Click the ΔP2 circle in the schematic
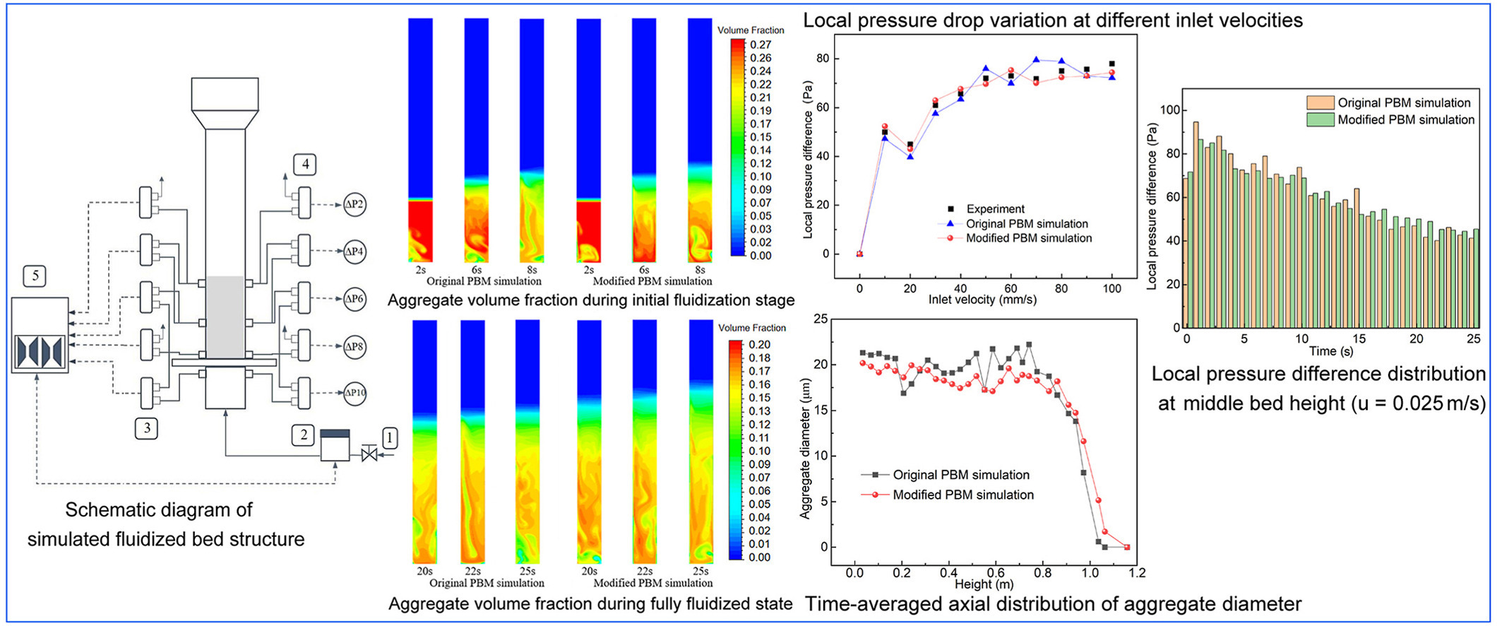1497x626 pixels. pyautogui.click(x=354, y=205)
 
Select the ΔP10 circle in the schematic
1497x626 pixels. pyautogui.click(x=354, y=393)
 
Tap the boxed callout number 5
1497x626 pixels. pyautogui.click(x=35, y=276)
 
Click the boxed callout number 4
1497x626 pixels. pyautogui.click(x=305, y=165)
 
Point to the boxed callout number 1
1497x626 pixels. pyautogui.click(x=389, y=437)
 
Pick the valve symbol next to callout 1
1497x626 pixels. pyautogui.click(x=369, y=454)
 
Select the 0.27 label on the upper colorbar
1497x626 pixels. pyautogui.click(x=761, y=45)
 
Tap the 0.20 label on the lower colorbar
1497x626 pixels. pyautogui.click(x=760, y=345)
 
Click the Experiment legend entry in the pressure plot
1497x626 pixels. pyautogui.click(x=995, y=209)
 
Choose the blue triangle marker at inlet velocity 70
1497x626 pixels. pyautogui.click(x=1036, y=60)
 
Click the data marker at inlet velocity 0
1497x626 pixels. pyautogui.click(x=859, y=254)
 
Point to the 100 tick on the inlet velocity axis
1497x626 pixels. pyautogui.click(x=1112, y=288)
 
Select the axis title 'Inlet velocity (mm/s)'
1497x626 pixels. pyautogui.click(x=982, y=300)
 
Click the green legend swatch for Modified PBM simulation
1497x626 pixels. pyautogui.click(x=1320, y=120)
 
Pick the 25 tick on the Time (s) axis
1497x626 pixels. pyautogui.click(x=1474, y=339)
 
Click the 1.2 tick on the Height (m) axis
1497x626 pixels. pyautogui.click(x=1137, y=572)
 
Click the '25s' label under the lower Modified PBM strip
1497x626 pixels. pyautogui.click(x=700, y=571)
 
